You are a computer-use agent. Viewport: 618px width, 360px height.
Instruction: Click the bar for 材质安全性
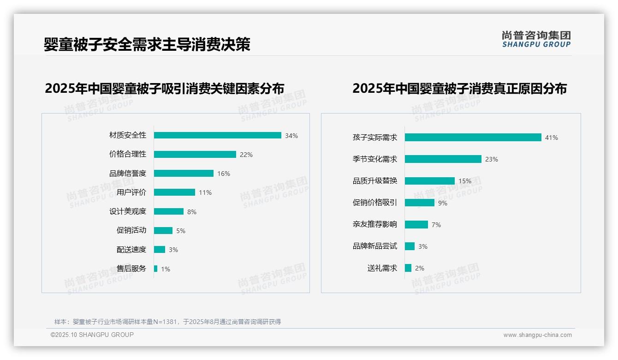(217, 135)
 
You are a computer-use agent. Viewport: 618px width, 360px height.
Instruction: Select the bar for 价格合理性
(195, 155)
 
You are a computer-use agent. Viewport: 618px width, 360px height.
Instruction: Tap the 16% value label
(224, 174)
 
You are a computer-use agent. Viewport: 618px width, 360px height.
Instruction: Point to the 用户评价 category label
(131, 192)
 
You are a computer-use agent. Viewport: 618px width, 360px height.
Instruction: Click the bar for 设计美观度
(168, 211)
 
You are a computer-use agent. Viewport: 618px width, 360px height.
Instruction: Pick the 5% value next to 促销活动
(181, 231)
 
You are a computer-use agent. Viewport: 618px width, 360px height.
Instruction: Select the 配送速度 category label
(131, 250)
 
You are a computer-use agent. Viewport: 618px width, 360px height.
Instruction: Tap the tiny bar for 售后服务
(155, 269)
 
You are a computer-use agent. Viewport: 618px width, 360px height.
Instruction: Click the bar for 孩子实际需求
(473, 138)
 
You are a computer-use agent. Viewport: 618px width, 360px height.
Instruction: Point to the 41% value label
(552, 138)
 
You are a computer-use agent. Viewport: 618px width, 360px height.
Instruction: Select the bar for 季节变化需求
(443, 159)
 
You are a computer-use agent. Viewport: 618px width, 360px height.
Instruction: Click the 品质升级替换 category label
(375, 181)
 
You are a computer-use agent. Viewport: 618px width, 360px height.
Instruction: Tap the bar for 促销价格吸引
(419, 203)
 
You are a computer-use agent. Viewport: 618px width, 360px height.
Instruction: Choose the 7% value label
(436, 225)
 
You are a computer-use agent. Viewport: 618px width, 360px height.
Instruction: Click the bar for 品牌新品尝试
(410, 246)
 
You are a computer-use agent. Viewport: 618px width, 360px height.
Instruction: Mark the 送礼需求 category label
(382, 268)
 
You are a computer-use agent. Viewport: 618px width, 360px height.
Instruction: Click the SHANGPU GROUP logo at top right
(536, 39)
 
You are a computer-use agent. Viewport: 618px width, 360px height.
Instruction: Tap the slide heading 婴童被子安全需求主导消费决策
(147, 44)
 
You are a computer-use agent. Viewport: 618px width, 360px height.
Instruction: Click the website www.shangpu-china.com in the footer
(537, 335)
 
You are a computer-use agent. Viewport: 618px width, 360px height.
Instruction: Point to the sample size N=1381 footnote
(167, 322)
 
